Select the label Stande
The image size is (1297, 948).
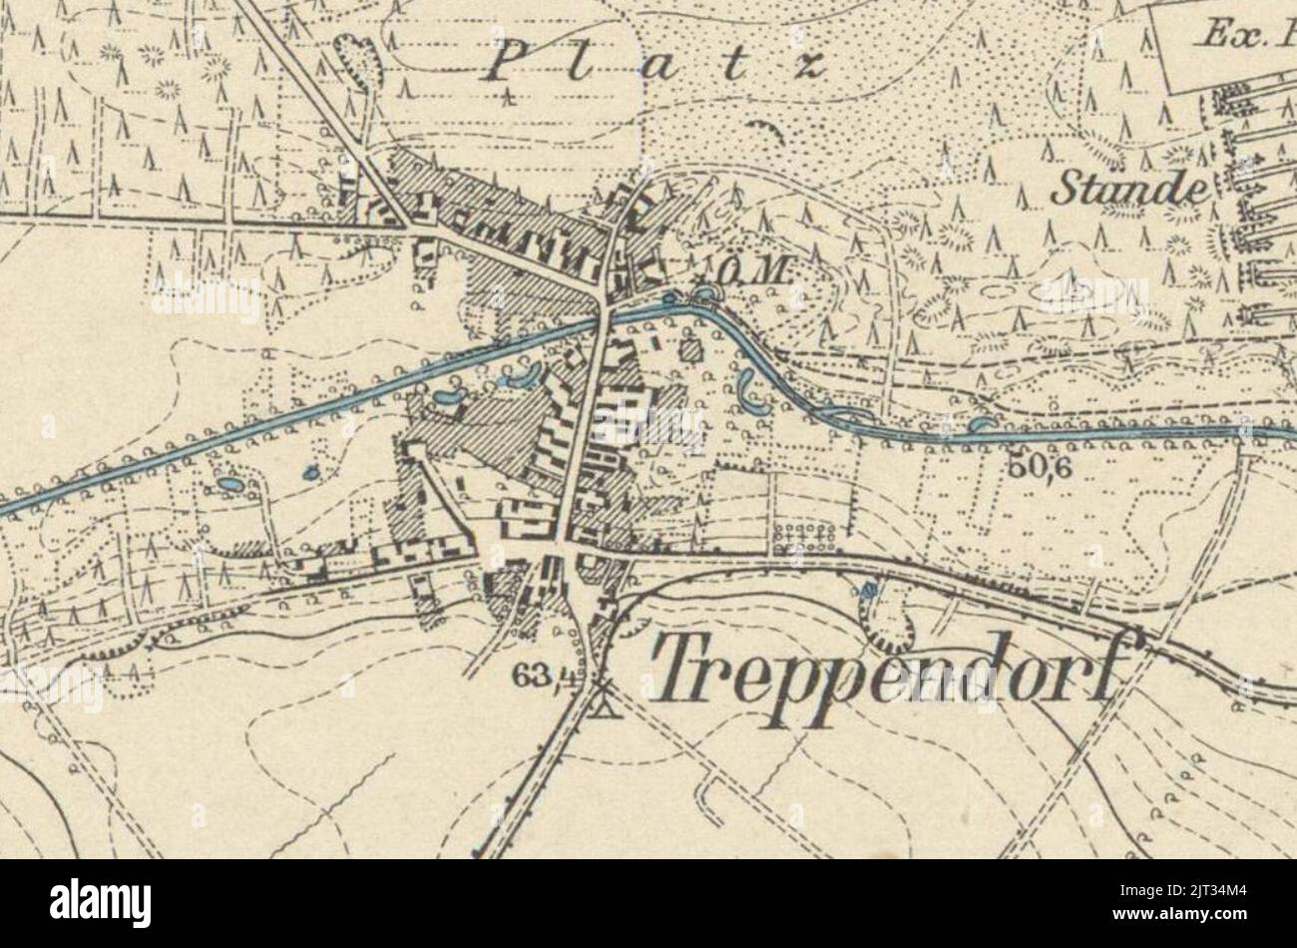click(1127, 187)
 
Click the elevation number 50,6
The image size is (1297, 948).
click(1044, 465)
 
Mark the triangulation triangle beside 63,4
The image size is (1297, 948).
click(603, 699)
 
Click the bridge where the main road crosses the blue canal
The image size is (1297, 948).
click(603, 318)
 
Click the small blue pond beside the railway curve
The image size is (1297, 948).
click(870, 591)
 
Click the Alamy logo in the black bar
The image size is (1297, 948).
click(100, 903)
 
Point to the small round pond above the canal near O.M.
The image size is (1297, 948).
click(705, 292)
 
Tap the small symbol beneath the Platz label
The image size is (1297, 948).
click(509, 98)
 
